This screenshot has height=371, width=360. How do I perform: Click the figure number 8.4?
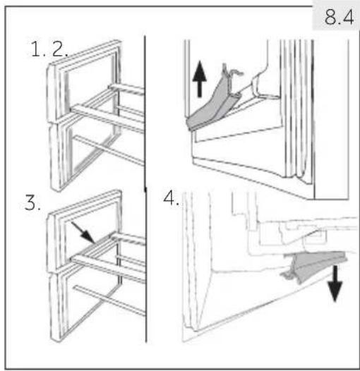point(339,17)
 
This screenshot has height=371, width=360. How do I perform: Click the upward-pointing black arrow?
point(200,79)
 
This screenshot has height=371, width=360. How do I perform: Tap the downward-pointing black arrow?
point(335,284)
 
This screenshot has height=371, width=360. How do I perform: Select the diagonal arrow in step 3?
point(83,232)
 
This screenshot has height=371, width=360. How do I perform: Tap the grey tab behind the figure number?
point(336,15)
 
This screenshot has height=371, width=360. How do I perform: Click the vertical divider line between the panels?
point(145,189)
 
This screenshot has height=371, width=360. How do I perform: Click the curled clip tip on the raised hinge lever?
point(233,72)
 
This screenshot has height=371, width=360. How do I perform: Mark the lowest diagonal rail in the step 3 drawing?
point(109,300)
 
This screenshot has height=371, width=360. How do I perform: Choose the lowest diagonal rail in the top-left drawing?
point(109,150)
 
